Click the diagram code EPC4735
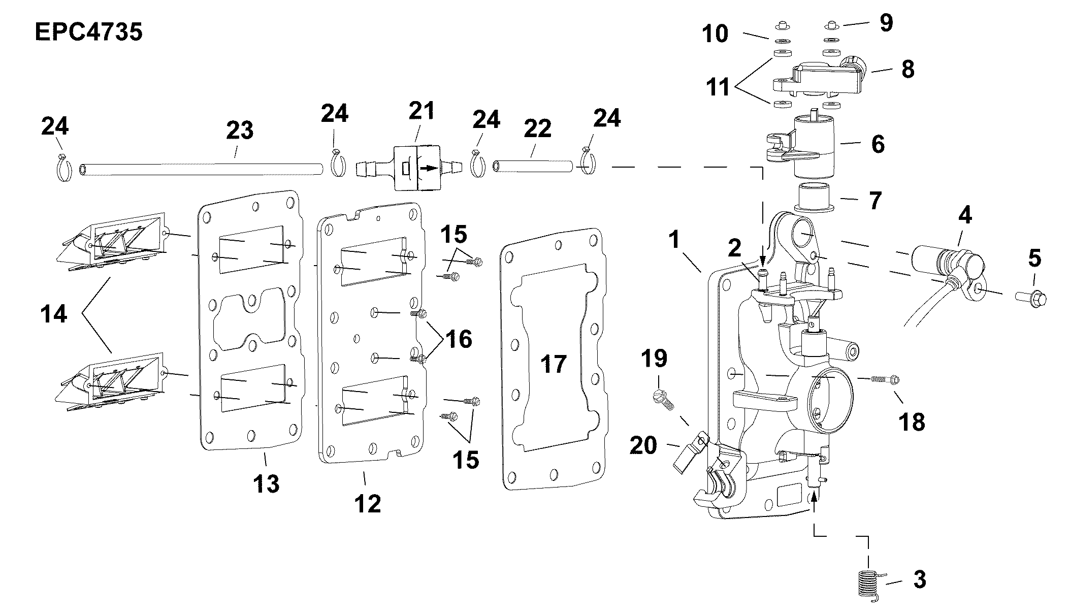89,32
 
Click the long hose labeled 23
202,169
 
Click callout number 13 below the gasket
267,483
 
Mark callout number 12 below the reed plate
368,504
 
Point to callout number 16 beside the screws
459,339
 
